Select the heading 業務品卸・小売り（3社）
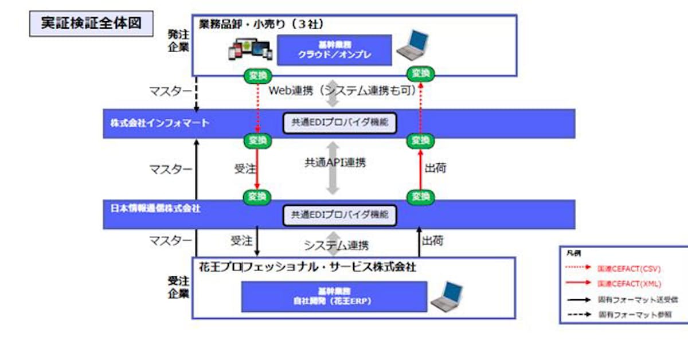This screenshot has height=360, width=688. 261,25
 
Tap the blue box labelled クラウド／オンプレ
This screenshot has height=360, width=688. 334,50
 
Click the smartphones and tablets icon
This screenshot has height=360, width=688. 249,50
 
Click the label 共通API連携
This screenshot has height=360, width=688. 335,163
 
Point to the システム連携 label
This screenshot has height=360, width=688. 336,245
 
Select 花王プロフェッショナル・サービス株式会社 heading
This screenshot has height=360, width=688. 307,267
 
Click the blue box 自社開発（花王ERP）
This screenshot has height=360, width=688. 334,296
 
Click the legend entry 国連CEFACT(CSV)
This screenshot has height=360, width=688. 628,268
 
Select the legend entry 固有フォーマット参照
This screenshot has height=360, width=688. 634,314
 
